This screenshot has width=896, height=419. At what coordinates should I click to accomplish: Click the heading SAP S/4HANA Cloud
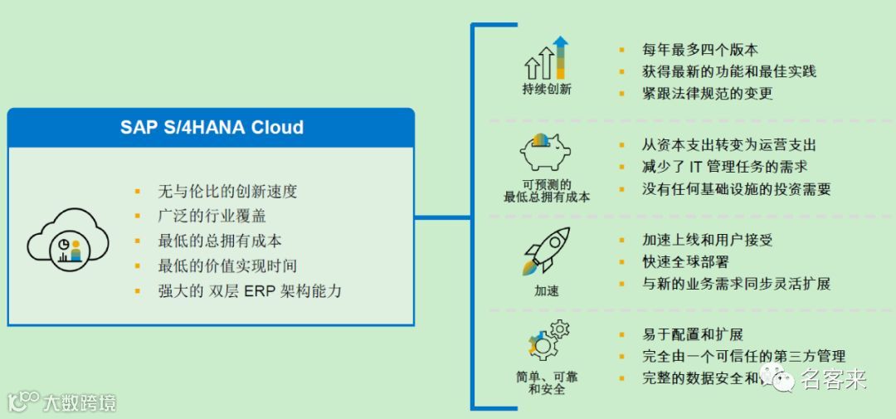click(212, 127)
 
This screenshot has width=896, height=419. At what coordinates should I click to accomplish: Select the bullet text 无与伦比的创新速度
click(227, 191)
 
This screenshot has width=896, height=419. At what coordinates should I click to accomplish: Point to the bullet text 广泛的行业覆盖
click(213, 216)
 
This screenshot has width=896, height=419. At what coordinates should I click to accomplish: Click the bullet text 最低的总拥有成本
click(220, 241)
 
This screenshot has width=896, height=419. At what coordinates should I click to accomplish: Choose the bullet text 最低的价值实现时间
click(227, 266)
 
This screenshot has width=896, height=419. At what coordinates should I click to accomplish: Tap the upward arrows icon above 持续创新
click(546, 58)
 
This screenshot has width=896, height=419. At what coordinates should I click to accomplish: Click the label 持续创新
click(547, 89)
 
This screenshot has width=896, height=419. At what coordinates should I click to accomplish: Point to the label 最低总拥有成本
click(547, 197)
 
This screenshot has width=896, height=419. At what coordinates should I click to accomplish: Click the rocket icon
click(546, 251)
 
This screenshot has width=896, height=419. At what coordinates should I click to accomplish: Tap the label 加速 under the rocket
click(547, 290)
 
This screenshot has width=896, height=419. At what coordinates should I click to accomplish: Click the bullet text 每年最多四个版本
click(699, 50)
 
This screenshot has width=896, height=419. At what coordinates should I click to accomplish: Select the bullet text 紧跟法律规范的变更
click(707, 93)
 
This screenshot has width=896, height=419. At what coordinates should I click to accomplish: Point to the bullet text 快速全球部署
click(685, 261)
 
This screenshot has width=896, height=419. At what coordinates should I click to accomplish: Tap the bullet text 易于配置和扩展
click(693, 334)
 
